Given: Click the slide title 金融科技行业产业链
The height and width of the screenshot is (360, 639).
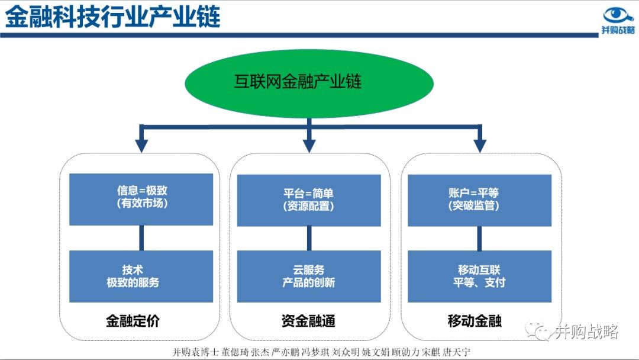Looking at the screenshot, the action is [x=112, y=17].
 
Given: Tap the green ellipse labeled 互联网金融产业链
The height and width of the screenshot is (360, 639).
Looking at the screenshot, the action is [x=309, y=83].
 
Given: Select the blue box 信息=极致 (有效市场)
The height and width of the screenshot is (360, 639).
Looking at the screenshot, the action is [x=141, y=200].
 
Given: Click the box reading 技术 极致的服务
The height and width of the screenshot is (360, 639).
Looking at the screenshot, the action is [x=141, y=277].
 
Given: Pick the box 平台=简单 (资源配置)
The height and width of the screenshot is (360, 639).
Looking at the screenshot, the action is [x=309, y=200].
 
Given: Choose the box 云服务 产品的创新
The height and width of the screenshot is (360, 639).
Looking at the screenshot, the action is [x=309, y=277].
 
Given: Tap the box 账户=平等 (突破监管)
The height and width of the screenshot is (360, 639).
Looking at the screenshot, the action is [x=480, y=200].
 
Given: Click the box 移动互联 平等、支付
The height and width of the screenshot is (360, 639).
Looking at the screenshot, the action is [x=480, y=277].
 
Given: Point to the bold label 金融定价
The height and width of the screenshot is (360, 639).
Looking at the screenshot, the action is [x=133, y=321].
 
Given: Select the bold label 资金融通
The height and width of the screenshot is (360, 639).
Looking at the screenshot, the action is [x=308, y=321].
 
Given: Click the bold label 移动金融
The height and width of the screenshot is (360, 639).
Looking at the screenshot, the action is [x=475, y=321].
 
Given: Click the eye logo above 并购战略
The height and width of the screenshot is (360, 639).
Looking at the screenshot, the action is [x=618, y=15].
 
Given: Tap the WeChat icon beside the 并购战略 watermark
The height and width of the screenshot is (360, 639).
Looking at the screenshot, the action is [x=537, y=330].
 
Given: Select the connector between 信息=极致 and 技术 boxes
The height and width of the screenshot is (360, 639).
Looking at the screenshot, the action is [x=141, y=238].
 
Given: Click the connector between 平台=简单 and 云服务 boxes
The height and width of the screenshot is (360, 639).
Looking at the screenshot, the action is [x=309, y=239].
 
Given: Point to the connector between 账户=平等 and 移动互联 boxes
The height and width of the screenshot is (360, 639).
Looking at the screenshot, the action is [x=479, y=239].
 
